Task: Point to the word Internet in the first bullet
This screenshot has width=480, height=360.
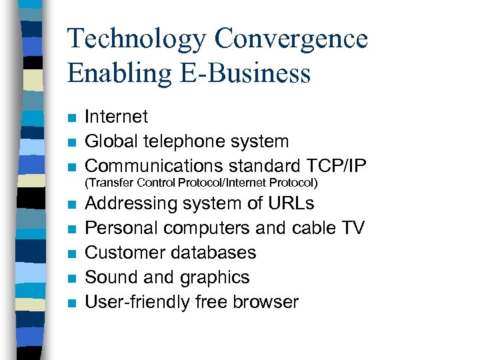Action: [117, 117]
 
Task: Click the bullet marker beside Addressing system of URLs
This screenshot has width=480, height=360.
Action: [71, 205]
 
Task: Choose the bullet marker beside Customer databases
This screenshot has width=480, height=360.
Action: [71, 254]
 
